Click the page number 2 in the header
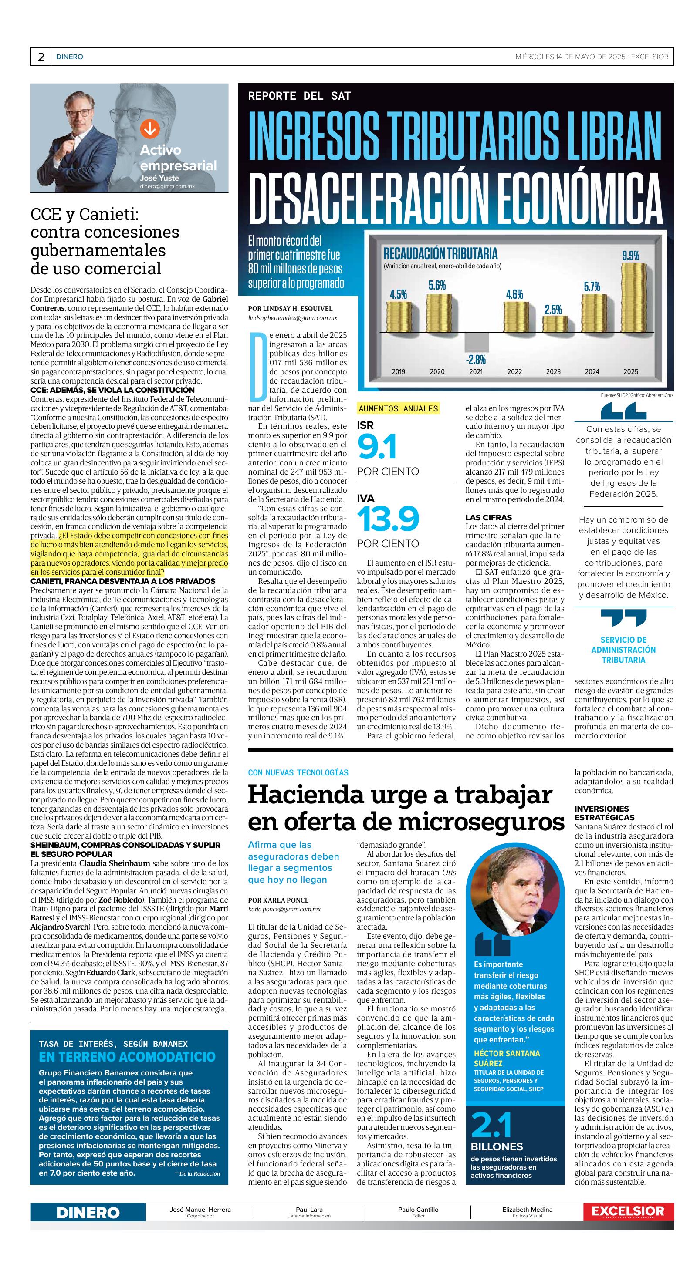(x=41, y=57)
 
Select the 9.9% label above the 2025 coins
(x=630, y=256)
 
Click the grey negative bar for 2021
(x=476, y=342)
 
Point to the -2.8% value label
(x=476, y=359)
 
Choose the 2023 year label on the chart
(x=553, y=371)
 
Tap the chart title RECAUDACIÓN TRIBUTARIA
(x=440, y=253)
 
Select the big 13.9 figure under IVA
(x=388, y=519)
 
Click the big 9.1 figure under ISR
(x=377, y=447)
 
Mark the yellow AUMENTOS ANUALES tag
(x=398, y=409)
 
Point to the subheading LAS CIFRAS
(x=488, y=517)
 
